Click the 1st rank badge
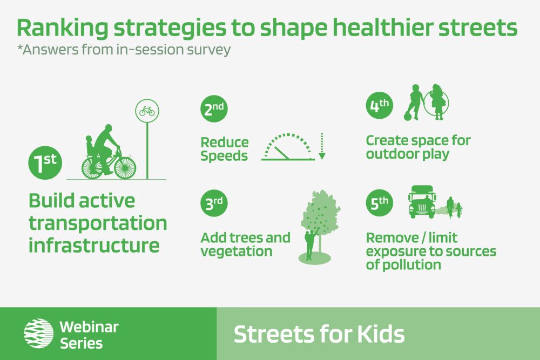coord(45,163)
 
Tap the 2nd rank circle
coord(214,109)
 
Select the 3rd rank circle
coord(214,203)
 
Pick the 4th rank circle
coord(379,105)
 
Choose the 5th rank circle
coord(379,203)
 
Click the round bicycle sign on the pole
coord(147,111)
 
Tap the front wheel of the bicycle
coord(125,168)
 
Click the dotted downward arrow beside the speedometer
coord(322,146)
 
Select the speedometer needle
coord(282,153)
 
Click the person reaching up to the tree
coord(310,243)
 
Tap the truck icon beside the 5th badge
coord(422,202)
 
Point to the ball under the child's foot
coord(408,117)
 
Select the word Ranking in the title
coord(62,28)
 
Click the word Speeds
coord(224,156)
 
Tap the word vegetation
coord(237,251)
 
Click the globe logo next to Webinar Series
coord(38,334)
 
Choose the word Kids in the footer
coord(381,334)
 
